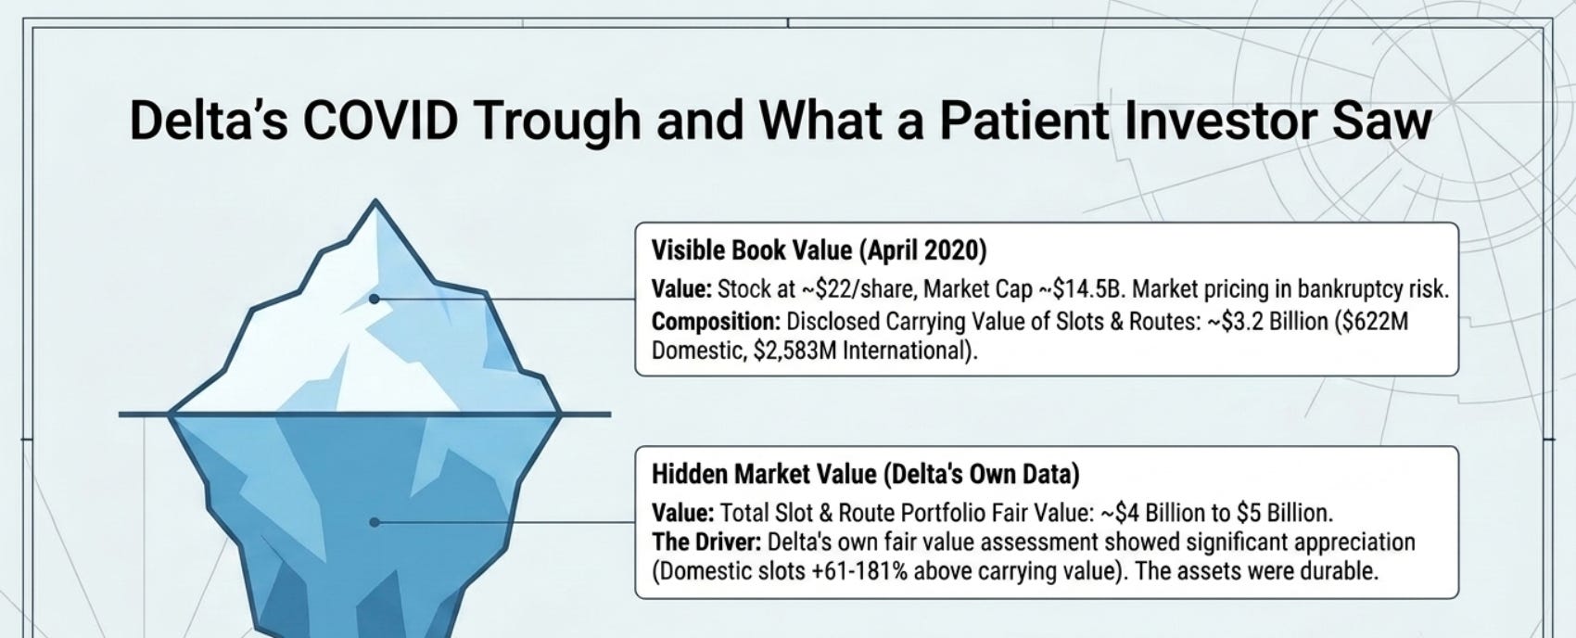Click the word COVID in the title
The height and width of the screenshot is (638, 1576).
(x=381, y=121)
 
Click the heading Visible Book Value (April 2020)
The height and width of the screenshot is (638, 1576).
(x=819, y=250)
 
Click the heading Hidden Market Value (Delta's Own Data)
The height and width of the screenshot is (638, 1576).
(x=865, y=474)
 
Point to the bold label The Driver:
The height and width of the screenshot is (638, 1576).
(x=706, y=542)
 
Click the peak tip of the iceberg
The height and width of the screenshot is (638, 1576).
(x=375, y=200)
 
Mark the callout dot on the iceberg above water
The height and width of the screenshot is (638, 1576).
(x=375, y=299)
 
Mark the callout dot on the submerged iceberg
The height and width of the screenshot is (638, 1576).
(x=375, y=522)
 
